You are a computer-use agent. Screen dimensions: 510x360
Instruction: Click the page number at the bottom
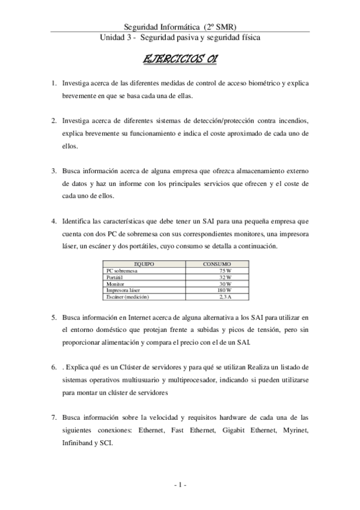(x=180, y=484)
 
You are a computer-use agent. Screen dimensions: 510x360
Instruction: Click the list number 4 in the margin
(x=53, y=221)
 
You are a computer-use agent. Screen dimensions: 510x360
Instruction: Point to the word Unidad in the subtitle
(x=113, y=38)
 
